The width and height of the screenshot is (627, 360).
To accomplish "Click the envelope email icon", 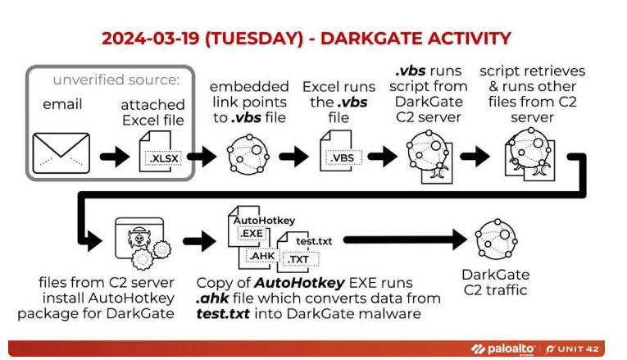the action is pos(61,153).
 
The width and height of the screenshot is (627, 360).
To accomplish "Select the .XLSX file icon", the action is pos(160,152).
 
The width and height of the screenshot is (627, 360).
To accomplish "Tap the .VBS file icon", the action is pos(340,151).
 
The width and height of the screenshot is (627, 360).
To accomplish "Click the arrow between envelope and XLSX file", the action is pos(115,156).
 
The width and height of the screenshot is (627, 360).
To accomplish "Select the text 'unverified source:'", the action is pos(116,80).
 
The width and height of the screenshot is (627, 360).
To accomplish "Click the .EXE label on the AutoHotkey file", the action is pos(251,233).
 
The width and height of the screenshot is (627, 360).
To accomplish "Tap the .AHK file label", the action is pos(261,256).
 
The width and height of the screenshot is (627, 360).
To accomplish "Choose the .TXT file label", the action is pos(299,260).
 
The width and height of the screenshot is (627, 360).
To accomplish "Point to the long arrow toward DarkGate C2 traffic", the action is pos(405,239).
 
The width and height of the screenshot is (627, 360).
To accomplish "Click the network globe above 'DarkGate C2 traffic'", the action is pos(496,239).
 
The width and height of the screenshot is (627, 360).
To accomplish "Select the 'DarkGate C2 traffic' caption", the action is pos(495,282).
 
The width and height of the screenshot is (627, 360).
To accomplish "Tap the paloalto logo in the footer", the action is pos(502,349).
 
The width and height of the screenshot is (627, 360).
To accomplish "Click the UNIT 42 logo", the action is pos(573,349).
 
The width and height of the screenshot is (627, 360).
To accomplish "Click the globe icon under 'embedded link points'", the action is pos(248,154).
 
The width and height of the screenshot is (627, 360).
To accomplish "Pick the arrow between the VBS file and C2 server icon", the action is pos(383,156).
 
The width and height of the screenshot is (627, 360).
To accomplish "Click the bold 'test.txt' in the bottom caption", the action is pos(223,313).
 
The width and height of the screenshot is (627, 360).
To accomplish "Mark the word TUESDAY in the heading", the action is pos(254,39).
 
